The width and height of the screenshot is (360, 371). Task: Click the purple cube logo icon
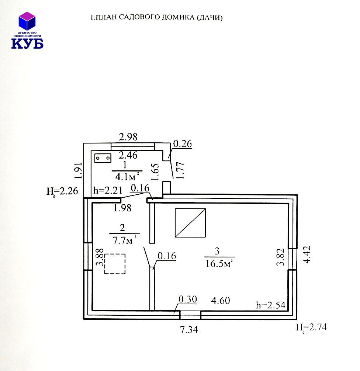27,21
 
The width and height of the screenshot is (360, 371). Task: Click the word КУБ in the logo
27,43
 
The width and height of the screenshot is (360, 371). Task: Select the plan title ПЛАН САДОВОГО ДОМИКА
146,17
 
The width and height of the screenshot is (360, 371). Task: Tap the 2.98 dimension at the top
128,137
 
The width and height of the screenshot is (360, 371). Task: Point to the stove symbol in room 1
103,158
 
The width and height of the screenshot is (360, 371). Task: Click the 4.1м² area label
127,177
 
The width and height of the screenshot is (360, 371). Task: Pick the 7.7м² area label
125,240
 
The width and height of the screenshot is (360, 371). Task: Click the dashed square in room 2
115,264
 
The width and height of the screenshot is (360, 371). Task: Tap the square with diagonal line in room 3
190,223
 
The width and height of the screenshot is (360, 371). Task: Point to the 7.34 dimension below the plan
189,329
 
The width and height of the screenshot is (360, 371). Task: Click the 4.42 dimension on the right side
307,254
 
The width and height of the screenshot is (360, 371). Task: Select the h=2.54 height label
271,305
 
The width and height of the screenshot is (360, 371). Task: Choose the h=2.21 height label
108,190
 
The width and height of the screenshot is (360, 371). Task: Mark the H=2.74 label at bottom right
311,327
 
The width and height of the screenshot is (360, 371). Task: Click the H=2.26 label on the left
62,191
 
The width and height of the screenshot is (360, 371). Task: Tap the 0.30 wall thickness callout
187,299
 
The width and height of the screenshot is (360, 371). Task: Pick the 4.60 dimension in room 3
220,301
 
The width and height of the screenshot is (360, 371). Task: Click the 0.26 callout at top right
183,143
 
